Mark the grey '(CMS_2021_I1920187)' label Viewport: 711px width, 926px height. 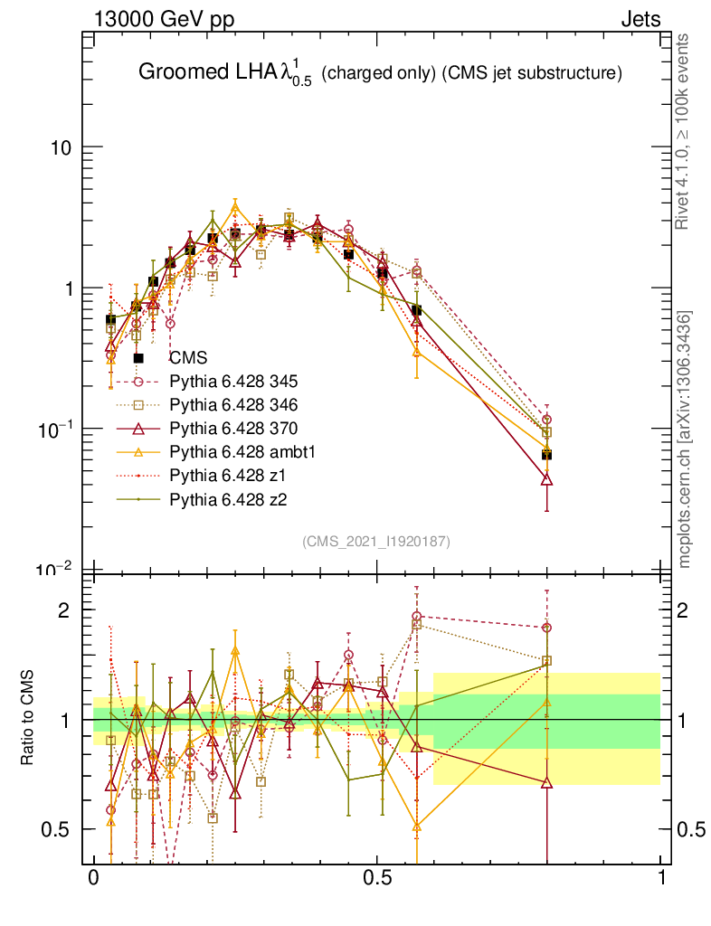click(377, 541)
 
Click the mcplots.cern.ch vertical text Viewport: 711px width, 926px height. click(685, 439)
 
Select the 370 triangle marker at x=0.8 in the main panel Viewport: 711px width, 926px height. click(546, 479)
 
